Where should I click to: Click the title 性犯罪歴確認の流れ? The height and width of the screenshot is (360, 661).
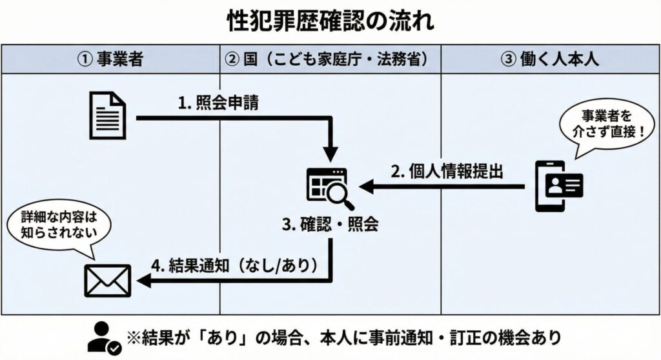tap(330, 21)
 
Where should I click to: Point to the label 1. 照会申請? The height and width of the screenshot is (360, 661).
tap(219, 103)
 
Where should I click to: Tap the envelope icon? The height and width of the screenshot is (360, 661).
tap(108, 279)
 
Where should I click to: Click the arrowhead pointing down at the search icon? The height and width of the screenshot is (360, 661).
tap(330, 155)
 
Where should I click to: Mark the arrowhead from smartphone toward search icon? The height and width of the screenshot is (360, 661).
tap(365, 186)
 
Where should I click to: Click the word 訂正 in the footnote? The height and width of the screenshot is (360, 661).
tap(465, 337)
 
